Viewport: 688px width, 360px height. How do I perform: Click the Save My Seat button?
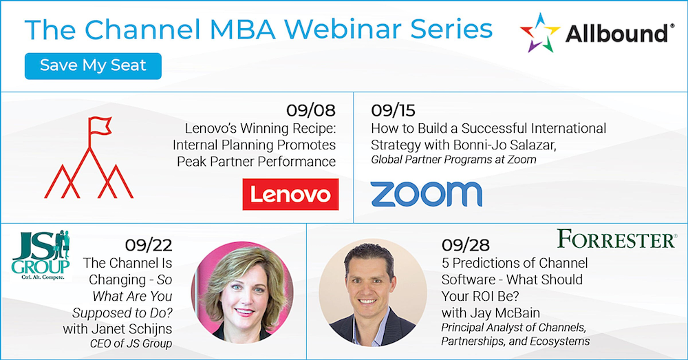(x=93, y=66)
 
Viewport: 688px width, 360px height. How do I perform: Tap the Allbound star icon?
(x=539, y=33)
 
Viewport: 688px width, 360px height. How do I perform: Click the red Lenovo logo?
(x=290, y=194)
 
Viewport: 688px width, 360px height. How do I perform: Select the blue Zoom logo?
(x=426, y=194)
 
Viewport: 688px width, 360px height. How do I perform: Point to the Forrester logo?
(x=617, y=240)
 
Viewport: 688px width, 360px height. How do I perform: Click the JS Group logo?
(x=41, y=255)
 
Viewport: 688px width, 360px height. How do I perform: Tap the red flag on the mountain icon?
(x=100, y=125)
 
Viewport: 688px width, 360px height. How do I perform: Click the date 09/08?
(x=311, y=110)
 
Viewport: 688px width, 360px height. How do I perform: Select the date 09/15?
(x=393, y=110)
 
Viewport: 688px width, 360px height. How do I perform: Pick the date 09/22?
(x=149, y=245)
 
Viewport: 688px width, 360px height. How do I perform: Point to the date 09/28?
(x=466, y=245)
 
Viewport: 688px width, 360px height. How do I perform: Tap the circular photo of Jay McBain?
(x=373, y=293)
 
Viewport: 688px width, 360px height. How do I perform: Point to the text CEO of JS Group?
(x=131, y=343)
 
